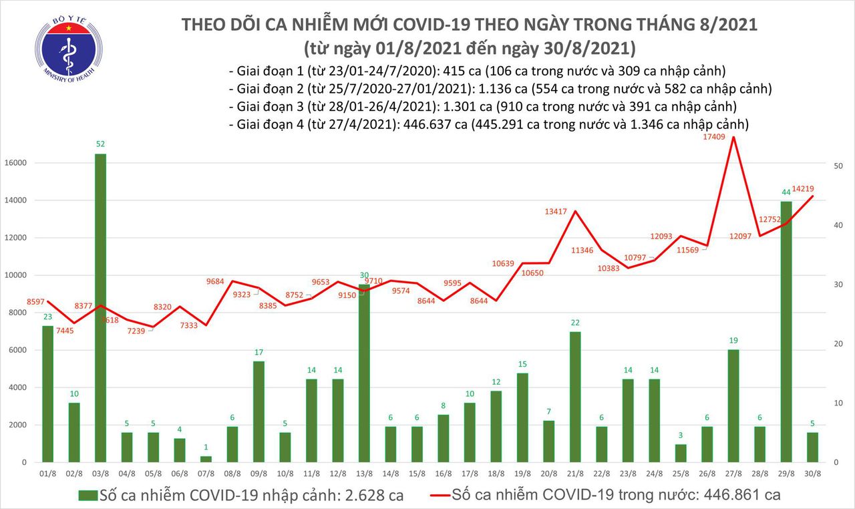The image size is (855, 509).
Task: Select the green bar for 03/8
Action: (x=99, y=307)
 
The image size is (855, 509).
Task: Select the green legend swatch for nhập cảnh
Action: (x=88, y=496)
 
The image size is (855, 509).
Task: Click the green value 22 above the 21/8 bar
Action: (x=575, y=323)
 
